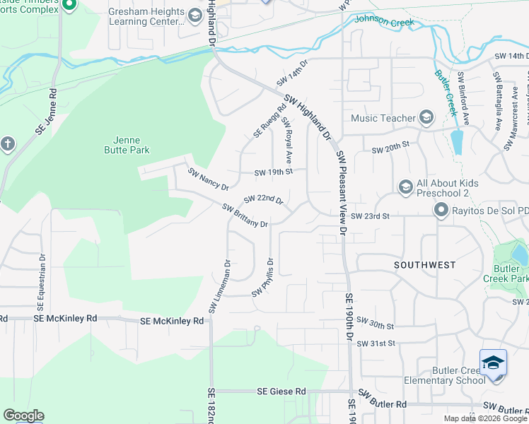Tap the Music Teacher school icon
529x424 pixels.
[426, 117]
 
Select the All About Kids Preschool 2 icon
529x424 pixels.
[405, 186]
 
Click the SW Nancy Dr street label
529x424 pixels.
[208, 179]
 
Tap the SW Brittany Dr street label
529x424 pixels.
[245, 216]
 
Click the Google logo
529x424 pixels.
[23, 416]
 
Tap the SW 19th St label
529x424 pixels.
[274, 171]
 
